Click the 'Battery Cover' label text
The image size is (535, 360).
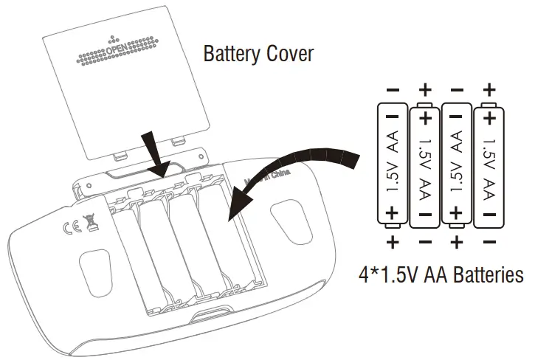click(x=258, y=54)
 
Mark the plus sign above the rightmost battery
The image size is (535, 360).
click(x=489, y=90)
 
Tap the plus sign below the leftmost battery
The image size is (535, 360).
click(x=393, y=242)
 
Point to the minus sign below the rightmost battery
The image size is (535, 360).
click(x=489, y=242)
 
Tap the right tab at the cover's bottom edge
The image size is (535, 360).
click(x=176, y=141)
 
